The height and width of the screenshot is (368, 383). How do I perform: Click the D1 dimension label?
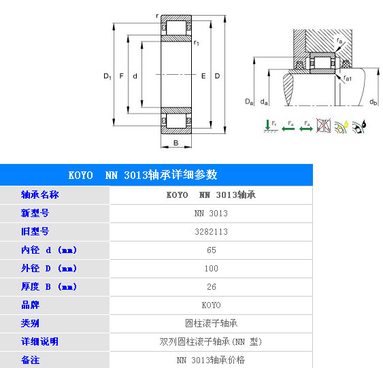click(x=107, y=76)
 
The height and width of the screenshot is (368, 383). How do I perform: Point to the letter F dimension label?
click(x=121, y=76)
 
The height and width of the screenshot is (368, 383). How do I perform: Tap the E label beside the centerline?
click(x=203, y=76)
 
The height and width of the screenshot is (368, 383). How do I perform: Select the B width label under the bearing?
click(x=176, y=143)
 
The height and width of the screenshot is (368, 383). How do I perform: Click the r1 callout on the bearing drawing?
click(x=196, y=43)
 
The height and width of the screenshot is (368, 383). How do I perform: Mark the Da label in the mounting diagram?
click(x=249, y=101)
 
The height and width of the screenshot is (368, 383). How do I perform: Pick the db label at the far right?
click(x=373, y=101)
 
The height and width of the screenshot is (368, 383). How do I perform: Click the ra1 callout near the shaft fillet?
click(x=348, y=78)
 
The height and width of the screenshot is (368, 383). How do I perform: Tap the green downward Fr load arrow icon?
click(x=271, y=126)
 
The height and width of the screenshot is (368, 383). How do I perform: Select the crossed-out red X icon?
click(x=324, y=126)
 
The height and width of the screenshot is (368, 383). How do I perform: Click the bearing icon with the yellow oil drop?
click(x=342, y=127)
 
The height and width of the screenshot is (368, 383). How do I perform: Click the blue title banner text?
click(x=143, y=175)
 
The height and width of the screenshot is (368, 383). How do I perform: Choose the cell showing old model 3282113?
click(x=212, y=232)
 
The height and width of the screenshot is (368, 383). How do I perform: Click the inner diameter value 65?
click(x=212, y=250)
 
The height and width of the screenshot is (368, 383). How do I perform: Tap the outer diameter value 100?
click(x=212, y=269)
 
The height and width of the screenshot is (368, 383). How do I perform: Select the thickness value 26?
click(x=212, y=286)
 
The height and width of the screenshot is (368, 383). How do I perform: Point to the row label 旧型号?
click(x=35, y=231)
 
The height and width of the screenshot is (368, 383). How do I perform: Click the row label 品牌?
click(x=31, y=305)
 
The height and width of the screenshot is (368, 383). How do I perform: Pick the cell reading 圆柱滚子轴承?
click(x=212, y=323)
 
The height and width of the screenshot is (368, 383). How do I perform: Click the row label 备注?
click(x=31, y=361)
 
